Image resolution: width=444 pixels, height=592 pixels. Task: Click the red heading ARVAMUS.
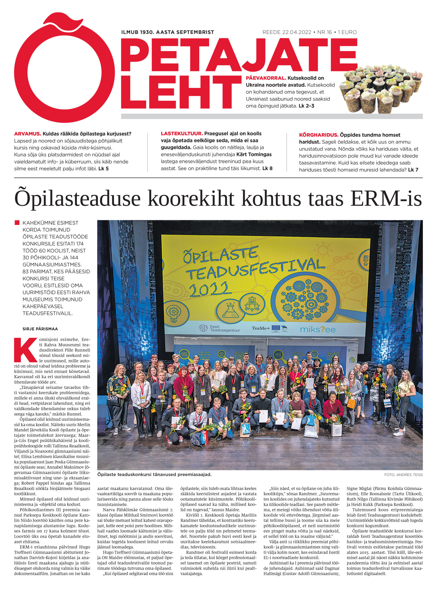(x=28, y=134)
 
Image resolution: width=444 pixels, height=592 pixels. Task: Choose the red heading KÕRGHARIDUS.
(x=319, y=135)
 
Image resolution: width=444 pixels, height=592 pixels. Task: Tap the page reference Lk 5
(x=104, y=169)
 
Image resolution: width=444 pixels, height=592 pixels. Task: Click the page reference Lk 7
(x=413, y=170)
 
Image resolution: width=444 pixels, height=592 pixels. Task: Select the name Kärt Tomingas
(x=254, y=154)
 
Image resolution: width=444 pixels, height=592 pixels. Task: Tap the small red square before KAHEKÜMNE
(x=17, y=223)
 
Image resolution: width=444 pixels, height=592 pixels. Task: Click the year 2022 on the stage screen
(x=209, y=289)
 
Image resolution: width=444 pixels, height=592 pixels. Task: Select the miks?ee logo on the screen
(x=318, y=329)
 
